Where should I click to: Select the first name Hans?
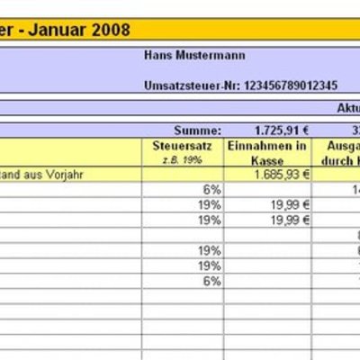click(x=158, y=55)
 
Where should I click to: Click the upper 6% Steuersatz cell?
click(x=211, y=189)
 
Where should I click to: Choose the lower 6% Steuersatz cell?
click(x=211, y=281)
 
